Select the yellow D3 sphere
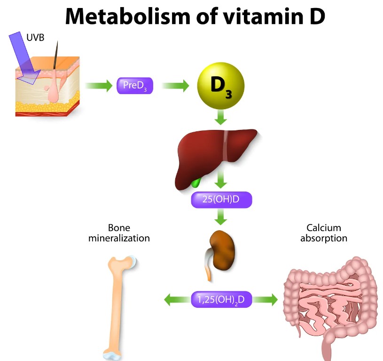(x=220, y=85)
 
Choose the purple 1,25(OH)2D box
(x=221, y=299)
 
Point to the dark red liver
(x=211, y=155)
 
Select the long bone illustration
(x=118, y=306)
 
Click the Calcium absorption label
(x=324, y=233)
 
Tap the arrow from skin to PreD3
(x=98, y=86)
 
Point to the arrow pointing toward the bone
(x=176, y=299)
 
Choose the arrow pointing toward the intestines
(x=266, y=299)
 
